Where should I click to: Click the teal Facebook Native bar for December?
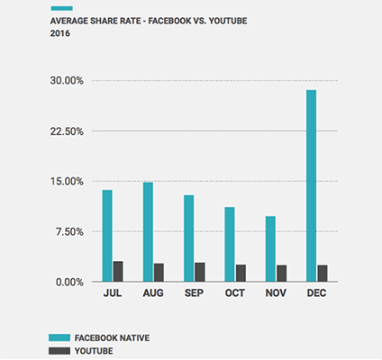coord(311,185)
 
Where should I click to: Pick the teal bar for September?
coord(188,238)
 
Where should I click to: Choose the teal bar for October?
coord(230,244)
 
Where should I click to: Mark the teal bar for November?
coord(270,248)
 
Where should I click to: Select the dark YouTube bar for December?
coord(322,273)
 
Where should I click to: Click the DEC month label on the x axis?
coord(315,293)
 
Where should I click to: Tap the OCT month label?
coord(234,293)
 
